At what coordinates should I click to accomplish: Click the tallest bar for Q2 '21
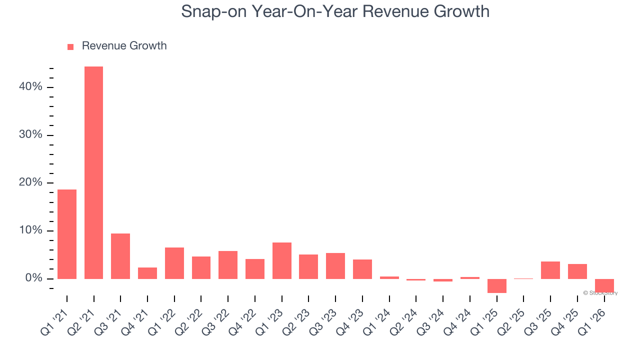[x=93, y=172]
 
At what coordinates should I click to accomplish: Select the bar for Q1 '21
[x=67, y=234]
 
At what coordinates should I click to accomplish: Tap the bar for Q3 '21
[x=120, y=256]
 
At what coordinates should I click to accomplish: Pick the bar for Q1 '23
[x=282, y=260]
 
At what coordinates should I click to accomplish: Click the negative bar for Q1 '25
[x=497, y=285]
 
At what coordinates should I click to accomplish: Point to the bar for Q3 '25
[x=550, y=270]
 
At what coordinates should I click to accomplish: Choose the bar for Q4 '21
[x=147, y=273]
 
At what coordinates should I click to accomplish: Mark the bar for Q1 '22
[x=174, y=263]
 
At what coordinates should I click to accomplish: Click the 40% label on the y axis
[x=30, y=87]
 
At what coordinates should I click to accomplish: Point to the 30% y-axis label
[x=30, y=135]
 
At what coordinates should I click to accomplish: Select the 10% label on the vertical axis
[x=30, y=230]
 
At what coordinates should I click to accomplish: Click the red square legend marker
[x=70, y=47]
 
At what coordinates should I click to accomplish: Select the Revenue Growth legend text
[x=124, y=46]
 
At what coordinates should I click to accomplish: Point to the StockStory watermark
[x=600, y=293]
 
